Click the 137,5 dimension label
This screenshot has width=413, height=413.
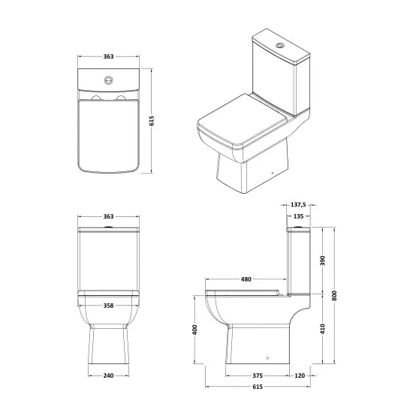[298, 205]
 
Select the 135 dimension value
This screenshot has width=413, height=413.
[298, 216]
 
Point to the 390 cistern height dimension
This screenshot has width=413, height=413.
[323, 261]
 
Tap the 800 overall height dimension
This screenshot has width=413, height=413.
[334, 296]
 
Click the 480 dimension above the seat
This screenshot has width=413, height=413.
[246, 279]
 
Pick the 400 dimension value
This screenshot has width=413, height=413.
[194, 330]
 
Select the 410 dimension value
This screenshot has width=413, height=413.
[323, 329]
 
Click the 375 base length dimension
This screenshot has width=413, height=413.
[258, 375]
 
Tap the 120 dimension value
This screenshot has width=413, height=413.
[300, 375]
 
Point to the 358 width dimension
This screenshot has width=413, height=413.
[108, 306]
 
